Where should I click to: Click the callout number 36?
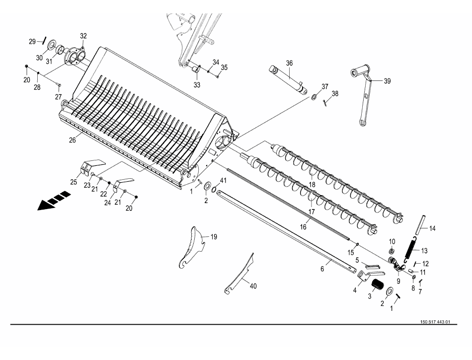pyautogui.click(x=289, y=63)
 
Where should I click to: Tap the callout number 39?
pyautogui.click(x=387, y=81)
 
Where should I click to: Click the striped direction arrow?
pyautogui.click(x=54, y=201)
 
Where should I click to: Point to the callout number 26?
pyautogui.click(x=73, y=140)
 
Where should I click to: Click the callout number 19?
pyautogui.click(x=214, y=237)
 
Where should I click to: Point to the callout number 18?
pyautogui.click(x=312, y=184)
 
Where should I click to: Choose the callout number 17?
pyautogui.click(x=312, y=211)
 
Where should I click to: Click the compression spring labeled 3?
pyautogui.click(x=378, y=286)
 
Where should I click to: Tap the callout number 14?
pyautogui.click(x=432, y=228)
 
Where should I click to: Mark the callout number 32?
pyautogui.click(x=83, y=36)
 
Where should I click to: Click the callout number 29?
pyautogui.click(x=32, y=42)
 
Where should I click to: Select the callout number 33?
pyautogui.click(x=197, y=85)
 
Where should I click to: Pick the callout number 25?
pyautogui.click(x=74, y=182)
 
